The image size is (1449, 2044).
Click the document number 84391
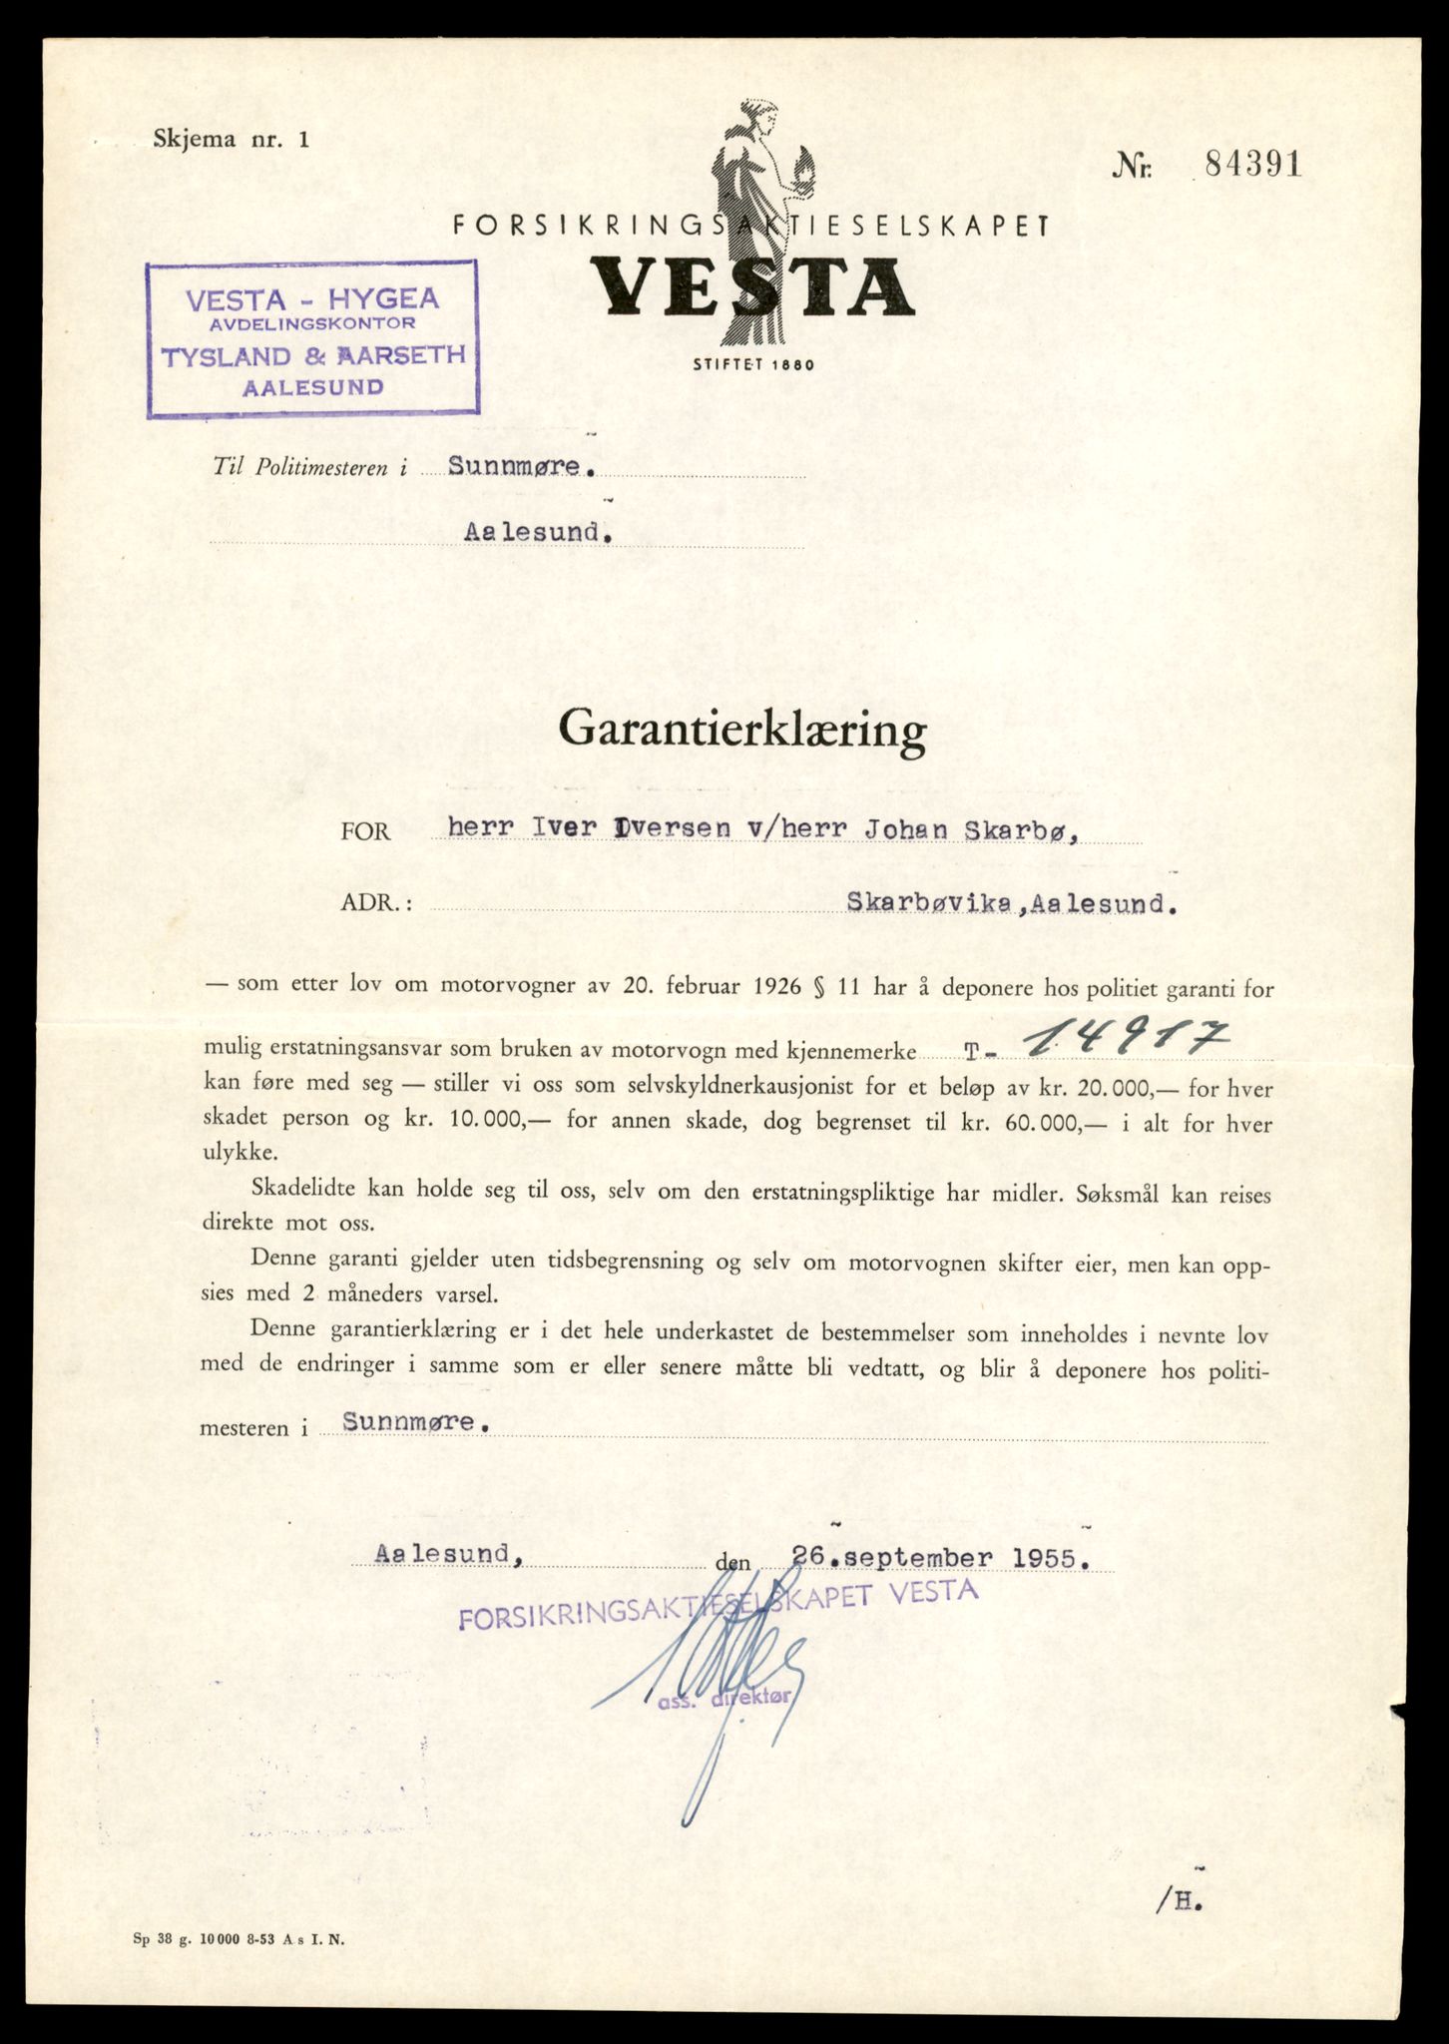click(x=1252, y=166)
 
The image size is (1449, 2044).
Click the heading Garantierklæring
click(x=742, y=732)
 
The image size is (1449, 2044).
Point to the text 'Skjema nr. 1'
click(x=232, y=140)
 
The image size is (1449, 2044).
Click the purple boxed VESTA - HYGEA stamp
click(x=312, y=337)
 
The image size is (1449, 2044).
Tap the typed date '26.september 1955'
click(x=936, y=1558)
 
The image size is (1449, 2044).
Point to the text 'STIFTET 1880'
click(x=752, y=365)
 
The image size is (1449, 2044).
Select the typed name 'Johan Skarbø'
click(x=975, y=827)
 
